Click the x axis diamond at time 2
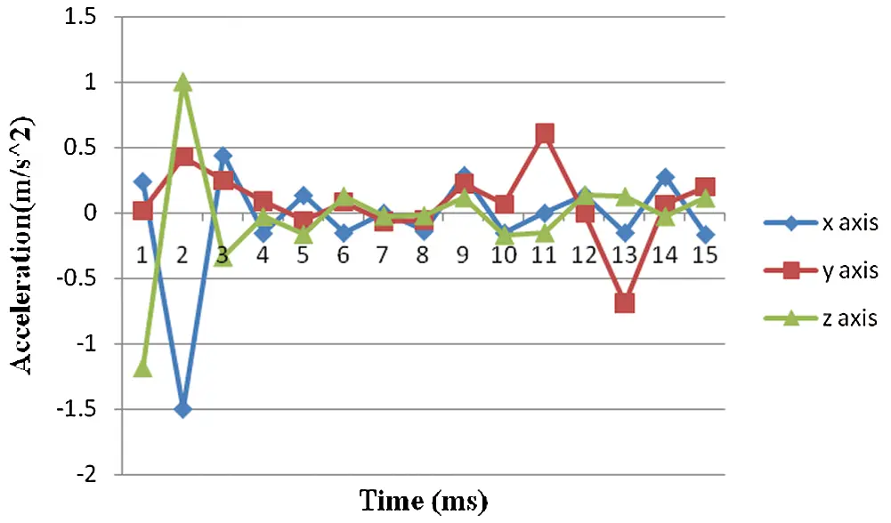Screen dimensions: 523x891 (183, 409)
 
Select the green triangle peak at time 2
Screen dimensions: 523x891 (183, 83)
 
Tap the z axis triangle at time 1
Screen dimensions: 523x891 (142, 367)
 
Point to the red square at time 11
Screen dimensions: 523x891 (544, 134)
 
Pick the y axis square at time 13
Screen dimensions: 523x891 (625, 303)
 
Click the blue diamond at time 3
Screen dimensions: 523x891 (223, 157)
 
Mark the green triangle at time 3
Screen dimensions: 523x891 (223, 257)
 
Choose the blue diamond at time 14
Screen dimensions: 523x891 (665, 178)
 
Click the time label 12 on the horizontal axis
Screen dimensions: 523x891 (585, 255)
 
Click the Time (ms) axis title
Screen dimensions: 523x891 (424, 500)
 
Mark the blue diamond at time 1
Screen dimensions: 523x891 (142, 182)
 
